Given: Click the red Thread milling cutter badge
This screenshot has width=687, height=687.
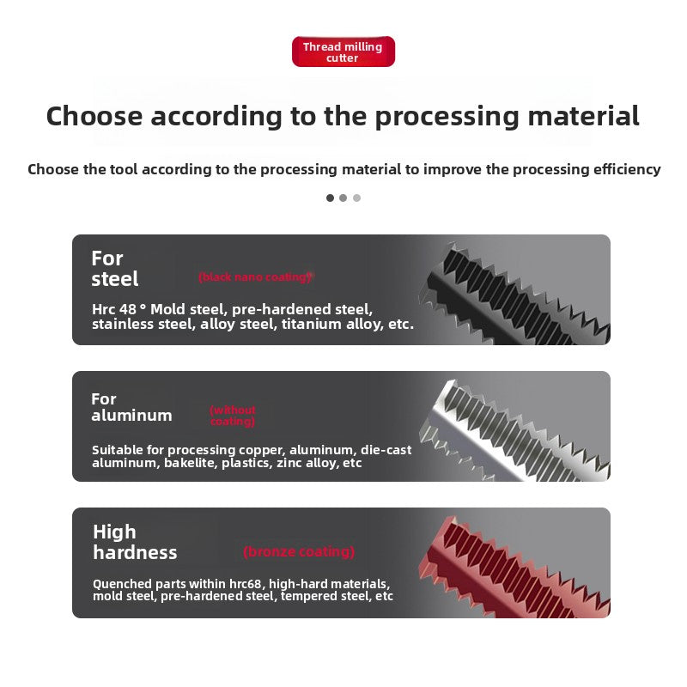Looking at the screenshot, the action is (x=343, y=52).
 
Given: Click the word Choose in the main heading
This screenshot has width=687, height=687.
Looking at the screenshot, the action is (x=94, y=117).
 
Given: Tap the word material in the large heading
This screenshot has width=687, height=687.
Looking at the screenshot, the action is (x=583, y=117).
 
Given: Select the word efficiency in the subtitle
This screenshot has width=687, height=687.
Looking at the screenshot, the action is (x=627, y=169).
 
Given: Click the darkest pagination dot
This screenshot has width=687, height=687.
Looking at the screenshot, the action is (x=330, y=198).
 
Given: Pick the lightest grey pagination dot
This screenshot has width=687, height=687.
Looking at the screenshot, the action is (x=356, y=198).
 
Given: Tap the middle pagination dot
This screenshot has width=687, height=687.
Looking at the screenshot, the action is (x=343, y=198).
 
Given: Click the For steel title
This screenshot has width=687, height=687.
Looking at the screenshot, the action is (x=115, y=269).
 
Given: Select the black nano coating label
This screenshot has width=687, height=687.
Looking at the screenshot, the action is (x=255, y=277).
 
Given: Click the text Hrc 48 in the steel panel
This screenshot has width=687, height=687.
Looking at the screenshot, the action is (x=114, y=309).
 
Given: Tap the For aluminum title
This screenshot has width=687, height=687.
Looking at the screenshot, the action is (x=131, y=407).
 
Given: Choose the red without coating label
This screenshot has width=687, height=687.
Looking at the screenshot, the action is (x=233, y=416).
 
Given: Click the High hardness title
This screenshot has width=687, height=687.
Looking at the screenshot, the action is (x=135, y=542).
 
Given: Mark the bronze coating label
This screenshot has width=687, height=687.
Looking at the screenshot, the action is (x=299, y=551).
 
